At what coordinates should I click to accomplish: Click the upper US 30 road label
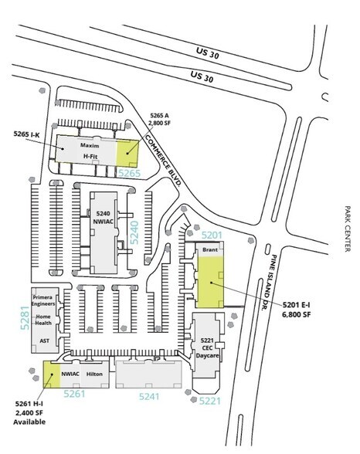point(207,53)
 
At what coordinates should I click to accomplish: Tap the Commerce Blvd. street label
point(163,161)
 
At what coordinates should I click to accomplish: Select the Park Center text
point(348,229)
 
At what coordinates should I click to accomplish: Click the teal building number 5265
point(130,173)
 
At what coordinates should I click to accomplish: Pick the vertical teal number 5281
point(25,318)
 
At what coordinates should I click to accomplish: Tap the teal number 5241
point(149,396)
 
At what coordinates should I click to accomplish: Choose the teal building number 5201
point(212,235)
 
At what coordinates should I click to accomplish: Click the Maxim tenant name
point(90,145)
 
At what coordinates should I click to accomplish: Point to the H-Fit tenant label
point(90,156)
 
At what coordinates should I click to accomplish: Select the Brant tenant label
point(210,249)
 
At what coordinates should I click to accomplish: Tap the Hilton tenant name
point(94,374)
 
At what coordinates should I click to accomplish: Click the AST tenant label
point(44,340)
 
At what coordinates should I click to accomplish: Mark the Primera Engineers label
point(43,300)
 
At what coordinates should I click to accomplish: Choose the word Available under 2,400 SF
point(29,422)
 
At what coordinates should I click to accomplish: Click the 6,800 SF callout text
point(297,314)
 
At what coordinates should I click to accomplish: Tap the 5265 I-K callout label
point(26,134)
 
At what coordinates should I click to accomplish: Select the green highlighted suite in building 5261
point(52,374)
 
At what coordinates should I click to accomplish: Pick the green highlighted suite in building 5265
point(127,154)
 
